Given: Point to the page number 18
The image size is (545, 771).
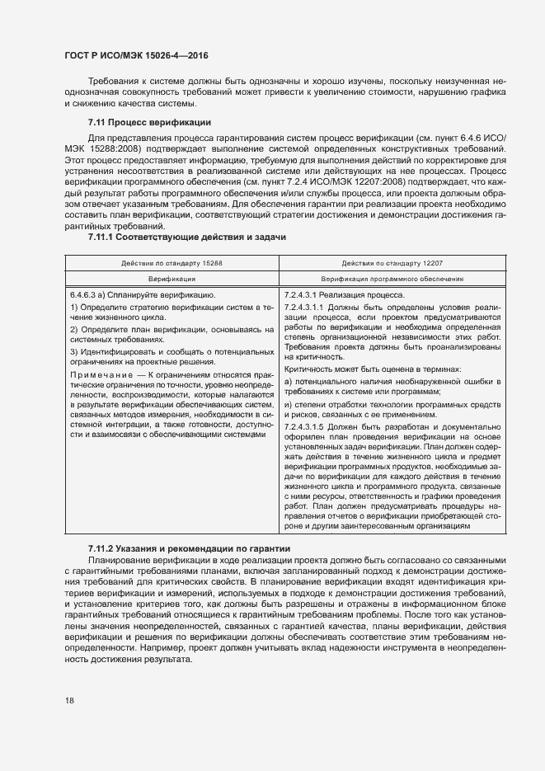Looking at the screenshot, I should [69, 700].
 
